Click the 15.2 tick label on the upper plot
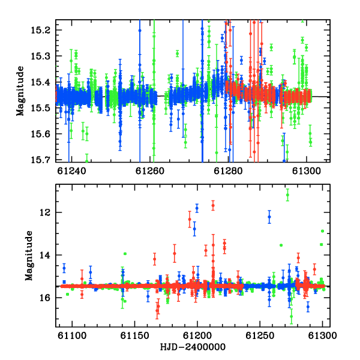(41, 30)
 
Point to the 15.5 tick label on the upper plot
(41, 108)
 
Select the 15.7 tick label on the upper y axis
(41, 160)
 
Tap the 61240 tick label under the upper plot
(71, 171)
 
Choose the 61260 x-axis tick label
(150, 171)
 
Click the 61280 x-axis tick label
(228, 171)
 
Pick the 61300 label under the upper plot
(307, 171)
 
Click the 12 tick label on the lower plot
(45, 212)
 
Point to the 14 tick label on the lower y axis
(45, 255)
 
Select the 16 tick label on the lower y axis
(45, 298)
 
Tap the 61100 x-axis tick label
(72, 335)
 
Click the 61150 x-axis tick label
(135, 335)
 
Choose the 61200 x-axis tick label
(197, 335)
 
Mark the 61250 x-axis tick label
(260, 335)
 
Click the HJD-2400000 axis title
(193, 347)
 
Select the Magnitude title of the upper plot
(20, 91)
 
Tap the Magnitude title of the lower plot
(29, 256)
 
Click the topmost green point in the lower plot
(287, 195)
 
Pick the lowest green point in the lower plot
(292, 316)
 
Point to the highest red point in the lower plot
(213, 205)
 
